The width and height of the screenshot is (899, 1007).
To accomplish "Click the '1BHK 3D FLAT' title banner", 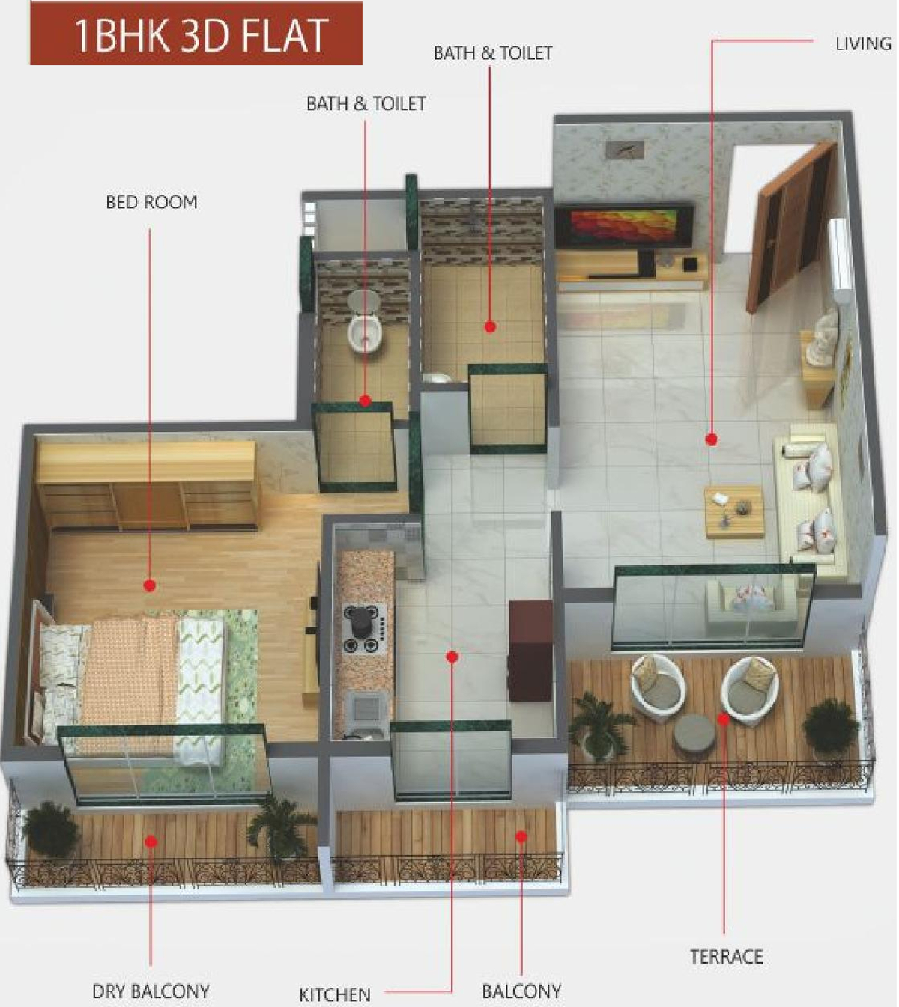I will [196, 34].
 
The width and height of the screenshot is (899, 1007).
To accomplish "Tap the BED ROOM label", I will [151, 202].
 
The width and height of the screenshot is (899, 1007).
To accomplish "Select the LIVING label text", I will [863, 44].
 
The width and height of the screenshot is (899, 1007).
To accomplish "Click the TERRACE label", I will [726, 956].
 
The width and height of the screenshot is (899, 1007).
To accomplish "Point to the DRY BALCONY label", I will [151, 991].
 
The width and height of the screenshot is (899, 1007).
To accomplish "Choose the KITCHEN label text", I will [335, 994].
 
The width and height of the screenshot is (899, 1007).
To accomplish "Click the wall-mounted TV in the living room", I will [623, 225].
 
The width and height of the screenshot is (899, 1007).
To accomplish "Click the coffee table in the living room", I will [734, 511].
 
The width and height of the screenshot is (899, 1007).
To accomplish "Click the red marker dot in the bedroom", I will [149, 585].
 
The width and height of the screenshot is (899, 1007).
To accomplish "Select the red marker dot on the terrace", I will [724, 719].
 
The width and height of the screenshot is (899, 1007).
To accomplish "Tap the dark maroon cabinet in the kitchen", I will [530, 650].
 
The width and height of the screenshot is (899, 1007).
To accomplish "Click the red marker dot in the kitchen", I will [452, 657].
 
